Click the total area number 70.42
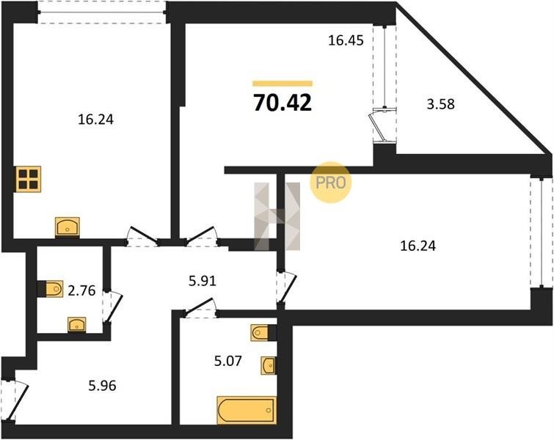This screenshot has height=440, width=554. pos(283,103)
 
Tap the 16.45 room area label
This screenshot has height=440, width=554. pos(346,40)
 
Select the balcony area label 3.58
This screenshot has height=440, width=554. pos(440,105)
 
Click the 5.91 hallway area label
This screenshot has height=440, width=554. pos(202,281)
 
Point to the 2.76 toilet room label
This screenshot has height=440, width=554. pos(81,290)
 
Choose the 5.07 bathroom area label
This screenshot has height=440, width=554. pos(228,361)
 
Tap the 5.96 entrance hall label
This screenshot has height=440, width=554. pos(102,386)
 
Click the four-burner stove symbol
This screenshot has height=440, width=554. pos(29,179)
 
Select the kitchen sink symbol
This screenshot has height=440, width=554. pos(68,227)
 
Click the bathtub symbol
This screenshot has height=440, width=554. pos(247,410)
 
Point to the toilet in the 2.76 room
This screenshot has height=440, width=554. pos(50,289)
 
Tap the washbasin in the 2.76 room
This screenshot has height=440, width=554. pos(77,325)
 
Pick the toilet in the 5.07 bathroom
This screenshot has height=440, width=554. pos(263,333)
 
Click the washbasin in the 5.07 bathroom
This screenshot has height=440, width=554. pos(269,365)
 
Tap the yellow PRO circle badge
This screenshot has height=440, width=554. pos(331,182)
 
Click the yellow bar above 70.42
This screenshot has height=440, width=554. pos(283,84)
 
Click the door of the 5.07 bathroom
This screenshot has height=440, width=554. pos(200,307)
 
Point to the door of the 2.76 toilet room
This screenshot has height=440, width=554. pos(113,307)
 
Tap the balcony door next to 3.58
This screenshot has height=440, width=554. pos(380,125)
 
